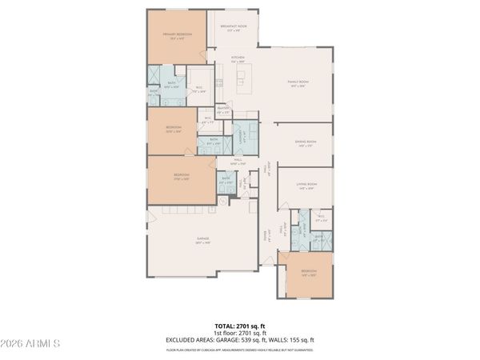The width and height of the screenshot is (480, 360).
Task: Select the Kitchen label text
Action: [x=238, y=59]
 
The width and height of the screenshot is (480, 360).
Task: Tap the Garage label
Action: [x=204, y=241]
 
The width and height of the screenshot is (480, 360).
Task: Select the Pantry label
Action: [x=224, y=110]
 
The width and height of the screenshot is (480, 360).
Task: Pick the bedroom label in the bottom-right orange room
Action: [x=309, y=273]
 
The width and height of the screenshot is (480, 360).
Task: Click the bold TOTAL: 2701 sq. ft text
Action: [x=239, y=326]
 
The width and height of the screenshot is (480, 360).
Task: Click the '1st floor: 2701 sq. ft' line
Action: [x=239, y=333]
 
